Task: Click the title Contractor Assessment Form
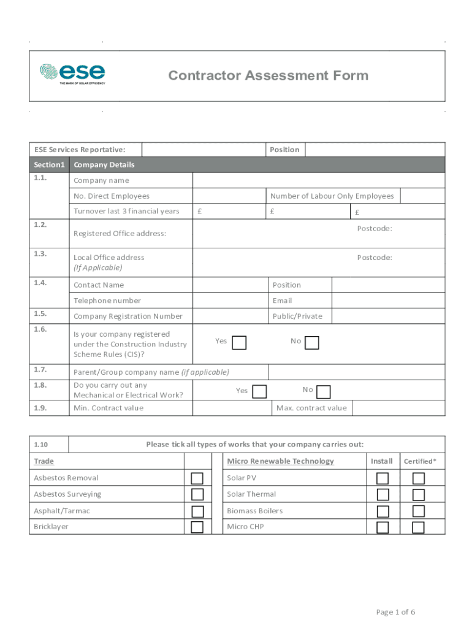click(268, 75)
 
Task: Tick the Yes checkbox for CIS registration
click(239, 342)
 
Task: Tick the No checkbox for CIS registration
click(312, 342)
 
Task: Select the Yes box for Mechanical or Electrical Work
click(259, 391)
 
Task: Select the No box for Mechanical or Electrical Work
click(324, 392)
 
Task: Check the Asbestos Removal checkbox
click(197, 478)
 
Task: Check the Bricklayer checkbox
click(197, 527)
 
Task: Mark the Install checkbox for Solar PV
click(383, 478)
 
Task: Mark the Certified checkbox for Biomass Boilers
click(418, 511)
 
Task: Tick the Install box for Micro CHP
click(383, 527)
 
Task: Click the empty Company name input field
click(319, 180)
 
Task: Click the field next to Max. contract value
click(398, 408)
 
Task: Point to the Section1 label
click(49, 165)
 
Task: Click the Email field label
click(283, 301)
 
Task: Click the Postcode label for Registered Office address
click(375, 229)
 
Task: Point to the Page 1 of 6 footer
click(395, 612)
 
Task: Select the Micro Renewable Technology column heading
click(281, 461)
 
